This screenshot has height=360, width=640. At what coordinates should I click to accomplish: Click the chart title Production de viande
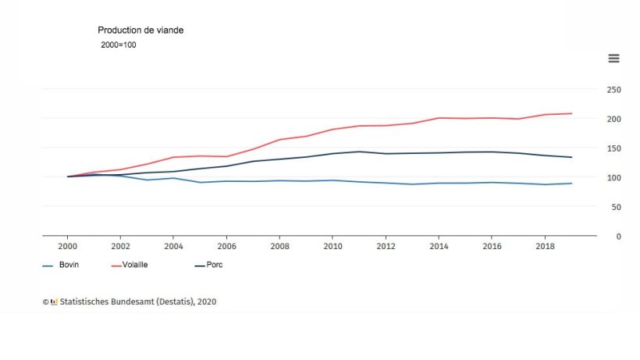[140, 30]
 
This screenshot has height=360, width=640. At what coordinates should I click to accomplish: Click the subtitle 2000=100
[119, 45]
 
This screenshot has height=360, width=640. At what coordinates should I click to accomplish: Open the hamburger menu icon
[613, 59]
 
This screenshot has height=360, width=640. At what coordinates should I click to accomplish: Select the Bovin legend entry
[61, 265]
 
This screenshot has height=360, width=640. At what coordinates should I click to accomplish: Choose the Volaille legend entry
[130, 265]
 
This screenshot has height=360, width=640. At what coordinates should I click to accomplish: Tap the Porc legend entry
[208, 265]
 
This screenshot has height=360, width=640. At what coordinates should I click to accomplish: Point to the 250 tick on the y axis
[614, 90]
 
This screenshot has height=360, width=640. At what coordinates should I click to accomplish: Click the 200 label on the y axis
[614, 119]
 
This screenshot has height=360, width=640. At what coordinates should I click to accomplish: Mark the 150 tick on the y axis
[614, 148]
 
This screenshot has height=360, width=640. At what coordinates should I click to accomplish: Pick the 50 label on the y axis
[617, 208]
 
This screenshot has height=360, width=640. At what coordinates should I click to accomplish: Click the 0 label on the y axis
[619, 237]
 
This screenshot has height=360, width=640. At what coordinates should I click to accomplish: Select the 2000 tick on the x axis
[67, 247]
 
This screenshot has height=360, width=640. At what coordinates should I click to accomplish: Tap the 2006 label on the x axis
[226, 247]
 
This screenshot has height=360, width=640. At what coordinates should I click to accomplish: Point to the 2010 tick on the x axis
[332, 247]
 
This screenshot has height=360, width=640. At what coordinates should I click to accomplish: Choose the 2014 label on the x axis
[439, 247]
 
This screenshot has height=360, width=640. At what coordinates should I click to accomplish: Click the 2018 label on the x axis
[545, 247]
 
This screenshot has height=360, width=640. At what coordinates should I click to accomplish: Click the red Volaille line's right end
[571, 113]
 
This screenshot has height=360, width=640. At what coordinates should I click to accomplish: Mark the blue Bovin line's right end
[571, 184]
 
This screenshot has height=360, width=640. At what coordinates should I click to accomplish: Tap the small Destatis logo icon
[54, 302]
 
